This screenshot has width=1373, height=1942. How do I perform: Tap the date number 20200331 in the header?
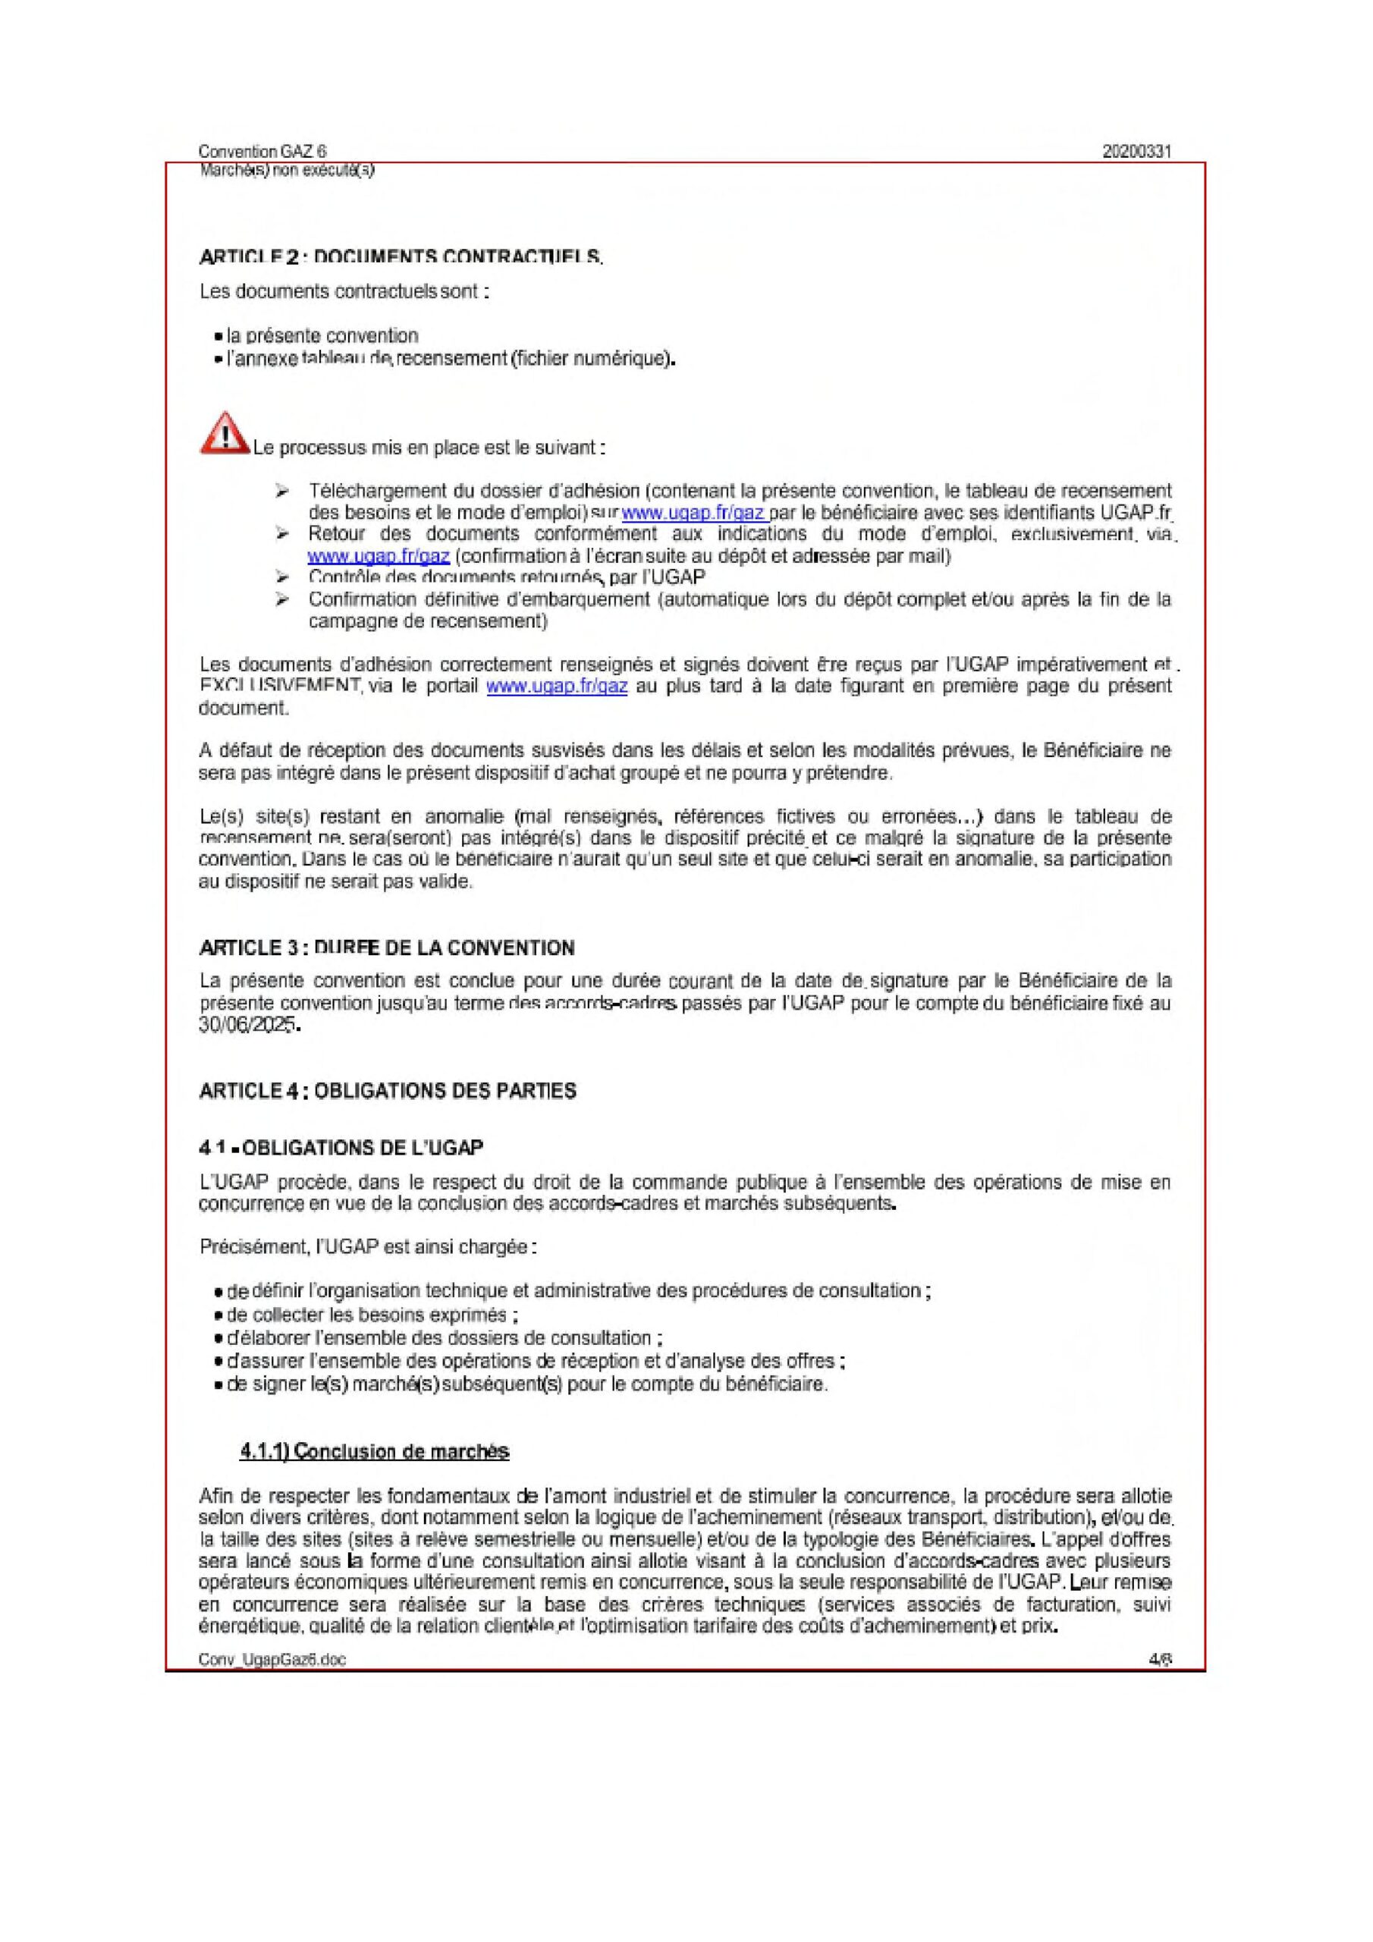point(1137,152)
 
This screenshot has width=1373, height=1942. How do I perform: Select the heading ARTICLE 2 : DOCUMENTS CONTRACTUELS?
point(400,256)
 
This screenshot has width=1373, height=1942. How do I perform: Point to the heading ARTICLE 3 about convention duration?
point(387,947)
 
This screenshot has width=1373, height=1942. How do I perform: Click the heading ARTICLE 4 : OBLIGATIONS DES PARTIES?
point(388,1091)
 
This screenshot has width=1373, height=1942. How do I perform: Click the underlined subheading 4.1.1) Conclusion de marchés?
point(374,1451)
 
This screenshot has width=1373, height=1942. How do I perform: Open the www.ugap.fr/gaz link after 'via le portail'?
point(557,686)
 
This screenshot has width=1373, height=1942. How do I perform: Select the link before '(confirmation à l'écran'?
point(379,557)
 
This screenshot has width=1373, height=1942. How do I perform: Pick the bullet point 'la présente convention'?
point(322,336)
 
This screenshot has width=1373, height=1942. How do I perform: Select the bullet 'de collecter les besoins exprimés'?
point(372,1315)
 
